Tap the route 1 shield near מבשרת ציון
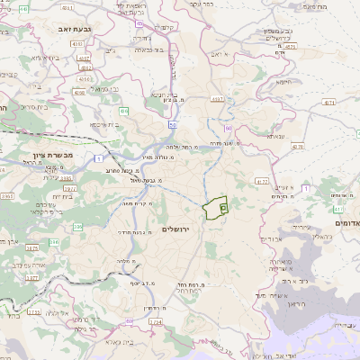tap(98, 158)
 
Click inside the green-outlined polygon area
tap(213, 208)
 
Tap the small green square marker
tap(223, 207)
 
